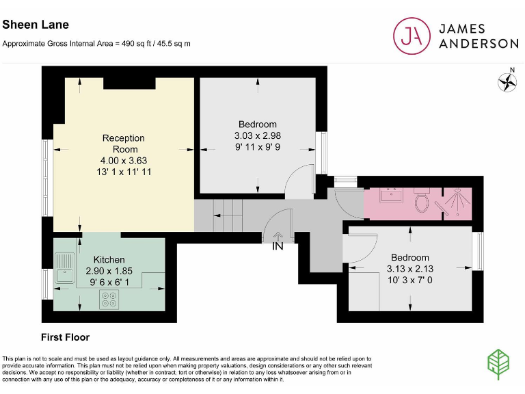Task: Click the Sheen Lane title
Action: pos(36,25)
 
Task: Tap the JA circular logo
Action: pos(412,36)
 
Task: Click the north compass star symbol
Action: pos(507,82)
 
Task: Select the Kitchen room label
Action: pos(109,260)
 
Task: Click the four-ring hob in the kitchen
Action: pos(109,300)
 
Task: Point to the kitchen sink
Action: pos(65,268)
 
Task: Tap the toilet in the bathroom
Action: pos(422,200)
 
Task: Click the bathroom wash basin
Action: pos(391,195)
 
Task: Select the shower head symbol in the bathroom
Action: pos(457,201)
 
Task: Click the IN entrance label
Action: pos(278,246)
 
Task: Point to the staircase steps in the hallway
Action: pos(228,215)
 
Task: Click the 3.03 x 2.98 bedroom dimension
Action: pos(258,135)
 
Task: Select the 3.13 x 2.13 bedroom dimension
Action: pos(410,269)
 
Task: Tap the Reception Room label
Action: pos(124,144)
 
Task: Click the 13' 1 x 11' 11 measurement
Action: pos(124,172)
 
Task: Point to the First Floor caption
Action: pos(66,337)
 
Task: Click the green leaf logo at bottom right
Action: pos(498,364)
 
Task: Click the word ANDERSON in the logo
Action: pos(479,44)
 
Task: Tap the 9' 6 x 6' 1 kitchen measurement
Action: pos(109,283)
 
